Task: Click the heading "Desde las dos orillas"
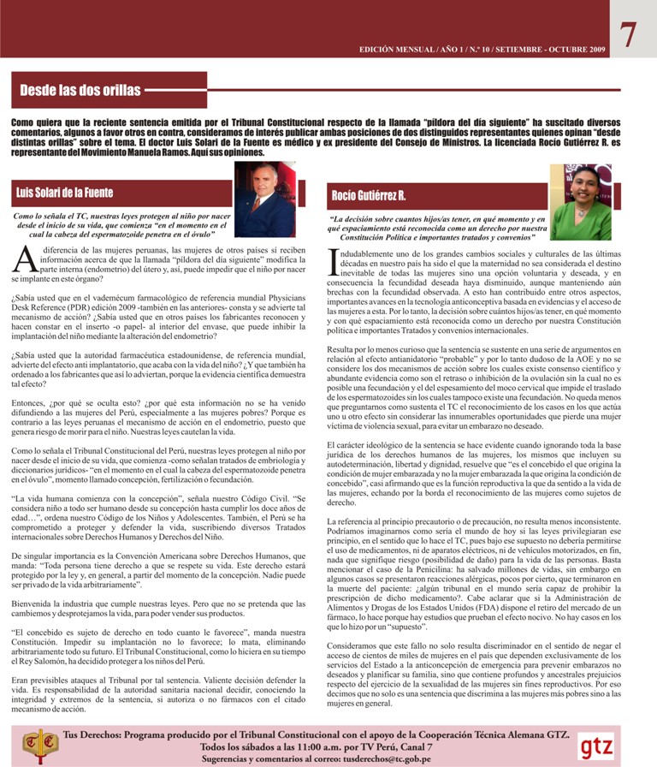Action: (x=80, y=90)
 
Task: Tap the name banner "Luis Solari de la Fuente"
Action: (x=65, y=193)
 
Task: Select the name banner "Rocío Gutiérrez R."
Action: (x=369, y=197)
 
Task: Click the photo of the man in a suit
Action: (x=264, y=199)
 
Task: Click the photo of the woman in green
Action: (x=581, y=203)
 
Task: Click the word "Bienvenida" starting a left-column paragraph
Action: (x=33, y=604)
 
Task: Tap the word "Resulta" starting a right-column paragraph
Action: (x=340, y=351)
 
